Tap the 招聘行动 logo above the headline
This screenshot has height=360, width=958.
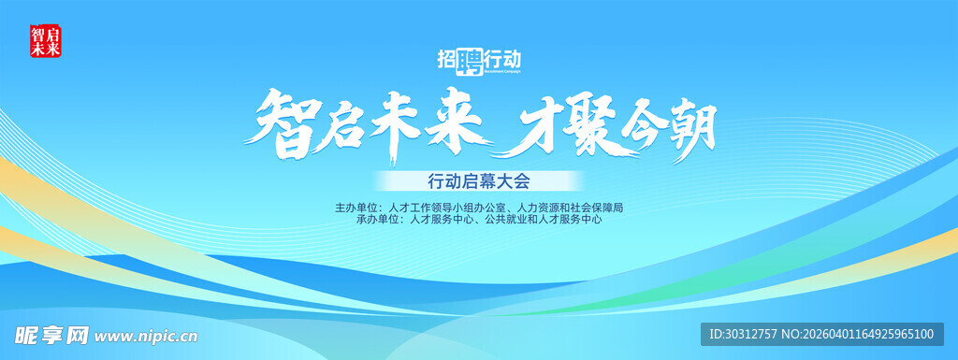pyautogui.click(x=478, y=60)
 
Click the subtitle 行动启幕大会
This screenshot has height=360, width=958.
pyautogui.click(x=478, y=180)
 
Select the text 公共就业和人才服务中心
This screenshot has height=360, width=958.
pyautogui.click(x=545, y=221)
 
